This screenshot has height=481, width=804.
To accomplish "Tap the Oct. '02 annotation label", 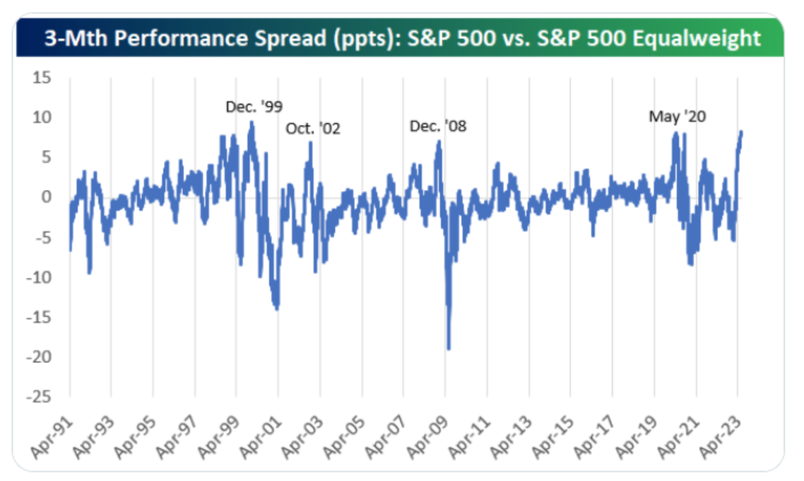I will coord(313,128).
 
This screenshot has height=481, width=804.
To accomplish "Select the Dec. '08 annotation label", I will coord(438,125).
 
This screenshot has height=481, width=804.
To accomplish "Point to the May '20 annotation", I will coord(677,116).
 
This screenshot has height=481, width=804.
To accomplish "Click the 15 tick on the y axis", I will coord(42,78).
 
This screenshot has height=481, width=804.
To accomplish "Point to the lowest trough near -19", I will coord(448,349).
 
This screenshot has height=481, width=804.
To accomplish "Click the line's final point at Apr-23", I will coord(741,132).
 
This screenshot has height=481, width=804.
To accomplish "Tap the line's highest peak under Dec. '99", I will coord(251,122).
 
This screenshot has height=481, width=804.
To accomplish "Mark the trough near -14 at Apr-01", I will coord(277,309).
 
